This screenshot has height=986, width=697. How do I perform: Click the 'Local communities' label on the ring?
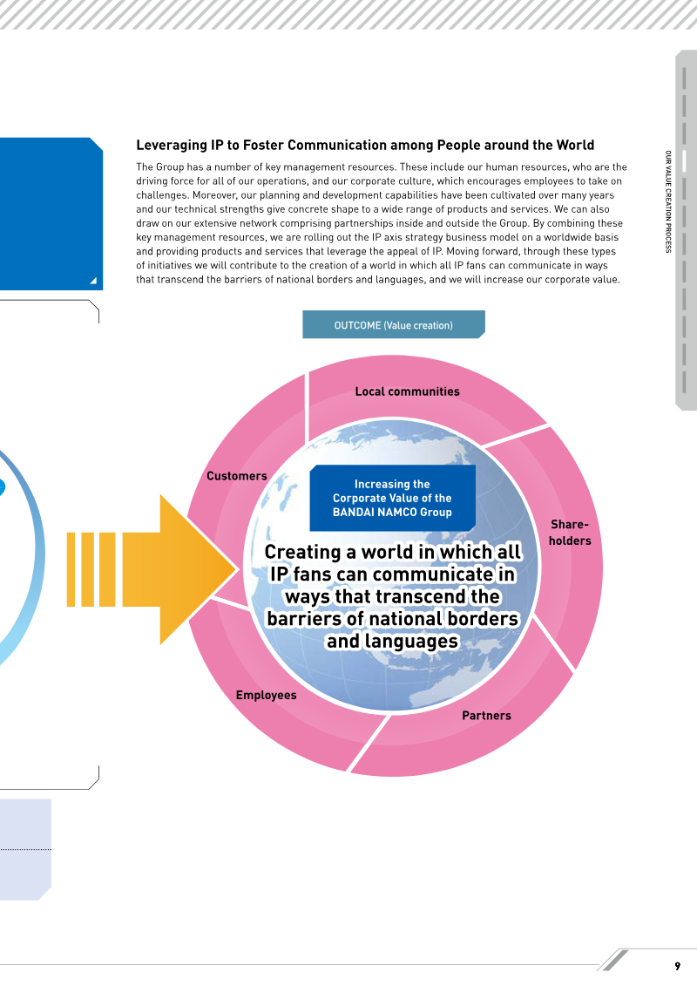click(x=407, y=391)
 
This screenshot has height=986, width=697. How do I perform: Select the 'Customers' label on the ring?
click(x=237, y=476)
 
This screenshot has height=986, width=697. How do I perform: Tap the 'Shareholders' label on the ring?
click(x=570, y=533)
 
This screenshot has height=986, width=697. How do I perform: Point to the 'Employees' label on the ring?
click(x=266, y=695)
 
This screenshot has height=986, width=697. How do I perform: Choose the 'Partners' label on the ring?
click(x=486, y=716)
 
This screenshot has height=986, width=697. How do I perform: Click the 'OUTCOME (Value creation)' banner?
click(x=394, y=324)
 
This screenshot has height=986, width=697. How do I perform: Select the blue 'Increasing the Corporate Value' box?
click(x=392, y=498)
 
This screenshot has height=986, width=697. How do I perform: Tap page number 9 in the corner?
click(x=678, y=966)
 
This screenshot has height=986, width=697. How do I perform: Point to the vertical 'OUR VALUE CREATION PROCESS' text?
click(x=668, y=201)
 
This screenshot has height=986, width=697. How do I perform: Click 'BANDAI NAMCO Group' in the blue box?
click(x=392, y=513)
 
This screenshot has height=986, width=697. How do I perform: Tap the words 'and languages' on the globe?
click(x=393, y=641)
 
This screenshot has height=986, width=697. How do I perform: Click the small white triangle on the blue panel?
click(x=93, y=281)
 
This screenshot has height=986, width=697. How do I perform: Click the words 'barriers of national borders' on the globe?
click(x=393, y=619)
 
